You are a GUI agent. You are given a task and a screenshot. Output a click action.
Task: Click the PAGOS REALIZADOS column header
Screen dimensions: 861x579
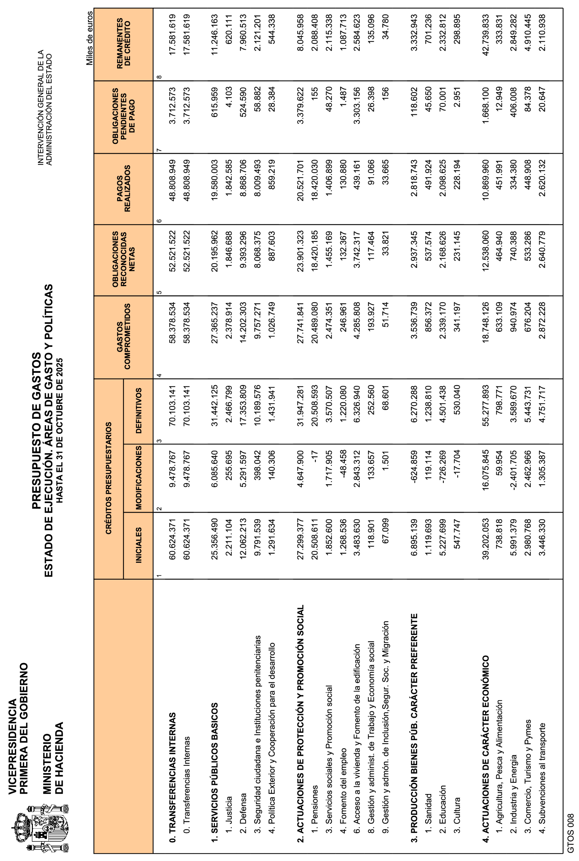tap(123, 189)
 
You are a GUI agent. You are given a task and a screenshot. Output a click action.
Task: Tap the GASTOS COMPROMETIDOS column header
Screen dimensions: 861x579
tap(123, 336)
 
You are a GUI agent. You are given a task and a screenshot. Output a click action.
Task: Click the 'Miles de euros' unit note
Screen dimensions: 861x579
tap(90, 38)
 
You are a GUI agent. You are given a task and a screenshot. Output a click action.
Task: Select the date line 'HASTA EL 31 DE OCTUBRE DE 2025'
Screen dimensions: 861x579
tap(60, 430)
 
